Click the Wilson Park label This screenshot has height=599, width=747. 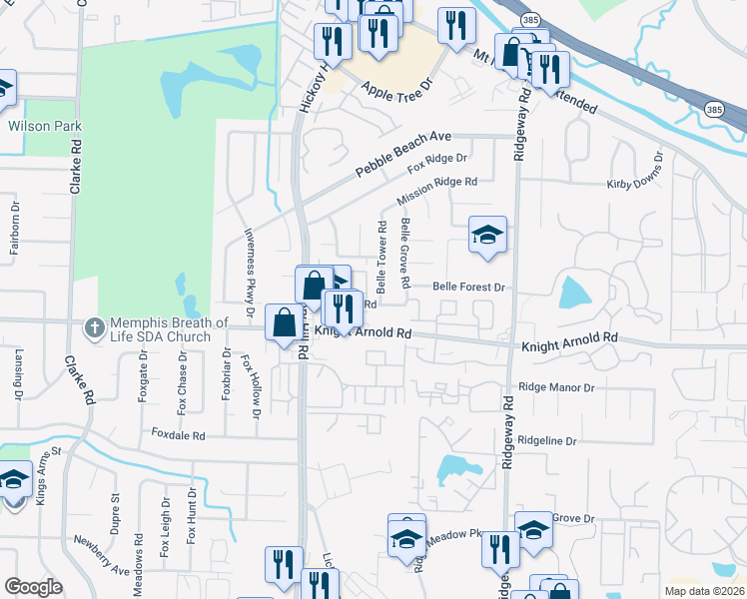pyautogui.click(x=45, y=127)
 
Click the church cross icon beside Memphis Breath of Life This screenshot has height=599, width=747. pyautogui.click(x=94, y=326)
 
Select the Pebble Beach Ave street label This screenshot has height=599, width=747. pyautogui.click(x=405, y=155)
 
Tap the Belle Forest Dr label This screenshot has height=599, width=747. pyautogui.click(x=470, y=287)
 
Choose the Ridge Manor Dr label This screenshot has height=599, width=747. pyautogui.click(x=556, y=387)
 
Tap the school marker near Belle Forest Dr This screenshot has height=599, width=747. pyautogui.click(x=487, y=236)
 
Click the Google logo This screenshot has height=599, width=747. pyautogui.click(x=34, y=587)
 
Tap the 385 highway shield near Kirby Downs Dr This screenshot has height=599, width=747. pyautogui.click(x=713, y=109)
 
